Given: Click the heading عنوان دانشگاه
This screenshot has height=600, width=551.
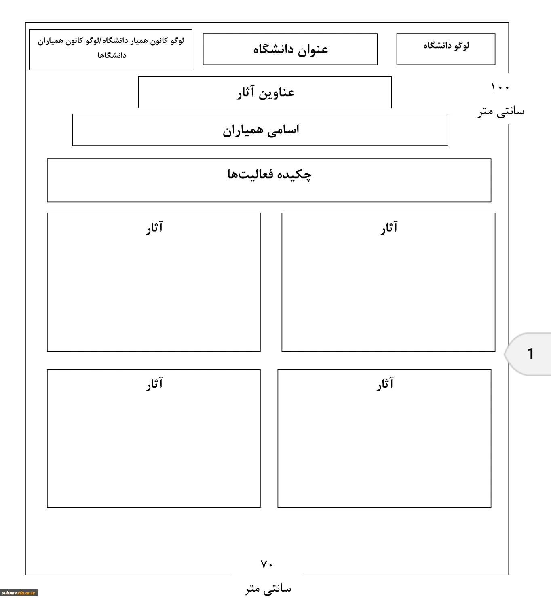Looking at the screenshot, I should coord(290,49).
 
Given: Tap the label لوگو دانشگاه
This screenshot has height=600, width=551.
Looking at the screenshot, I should coord(446,46).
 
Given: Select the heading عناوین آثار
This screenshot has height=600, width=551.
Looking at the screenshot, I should coord(265,93).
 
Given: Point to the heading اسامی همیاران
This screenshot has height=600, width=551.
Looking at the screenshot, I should coord(261,130).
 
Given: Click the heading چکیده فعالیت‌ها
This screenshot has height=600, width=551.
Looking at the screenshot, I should coord(269,175).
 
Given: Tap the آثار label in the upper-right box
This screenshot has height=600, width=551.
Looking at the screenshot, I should coord(389,228).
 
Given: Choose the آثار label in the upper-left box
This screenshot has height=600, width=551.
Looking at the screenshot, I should coord(154,228).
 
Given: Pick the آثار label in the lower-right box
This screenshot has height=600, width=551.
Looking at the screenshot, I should coord(385,384).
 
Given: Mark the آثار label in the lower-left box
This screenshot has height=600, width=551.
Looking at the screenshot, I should coord(154,384).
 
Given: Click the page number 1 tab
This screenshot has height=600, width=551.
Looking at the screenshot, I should coord(530,354).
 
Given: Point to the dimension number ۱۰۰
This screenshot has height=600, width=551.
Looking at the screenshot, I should coord(500,87).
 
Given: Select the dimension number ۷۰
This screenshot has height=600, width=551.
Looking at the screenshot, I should coord(267,564).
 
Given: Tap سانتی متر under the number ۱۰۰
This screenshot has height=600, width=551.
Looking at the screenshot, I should coord(501,111).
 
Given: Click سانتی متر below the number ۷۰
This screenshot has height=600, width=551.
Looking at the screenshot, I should coord(268,588).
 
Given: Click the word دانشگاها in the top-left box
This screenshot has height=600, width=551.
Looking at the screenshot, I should coord(112,55).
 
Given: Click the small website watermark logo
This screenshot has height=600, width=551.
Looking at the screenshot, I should coord(19,593).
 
